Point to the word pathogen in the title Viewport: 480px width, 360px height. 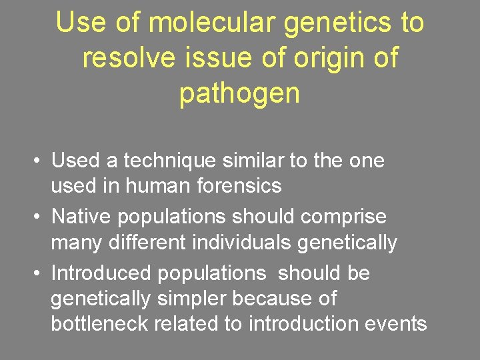click(240, 94)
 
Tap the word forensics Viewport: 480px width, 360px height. click(239, 186)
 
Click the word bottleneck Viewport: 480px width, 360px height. click(100, 324)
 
